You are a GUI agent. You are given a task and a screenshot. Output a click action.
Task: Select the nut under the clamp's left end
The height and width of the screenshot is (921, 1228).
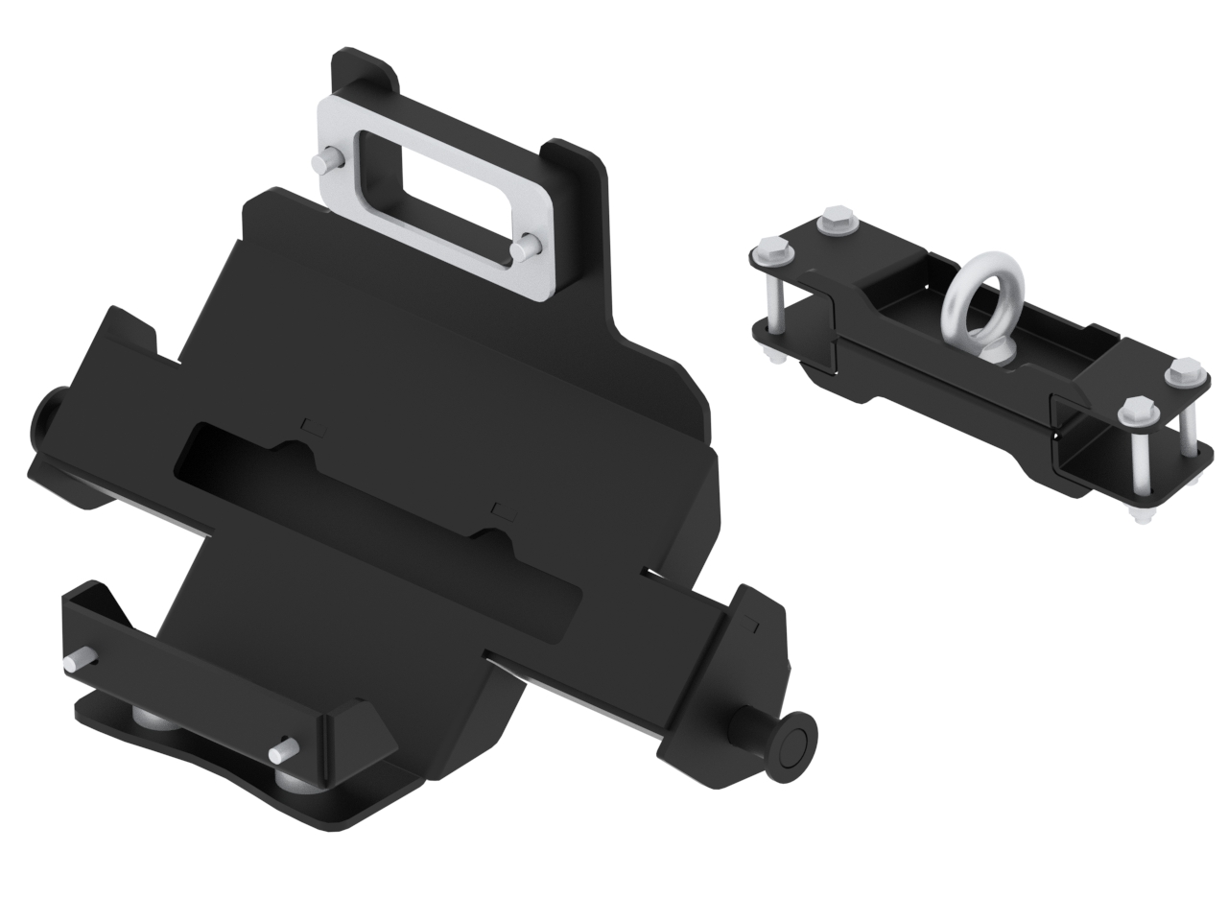click(771, 361)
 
